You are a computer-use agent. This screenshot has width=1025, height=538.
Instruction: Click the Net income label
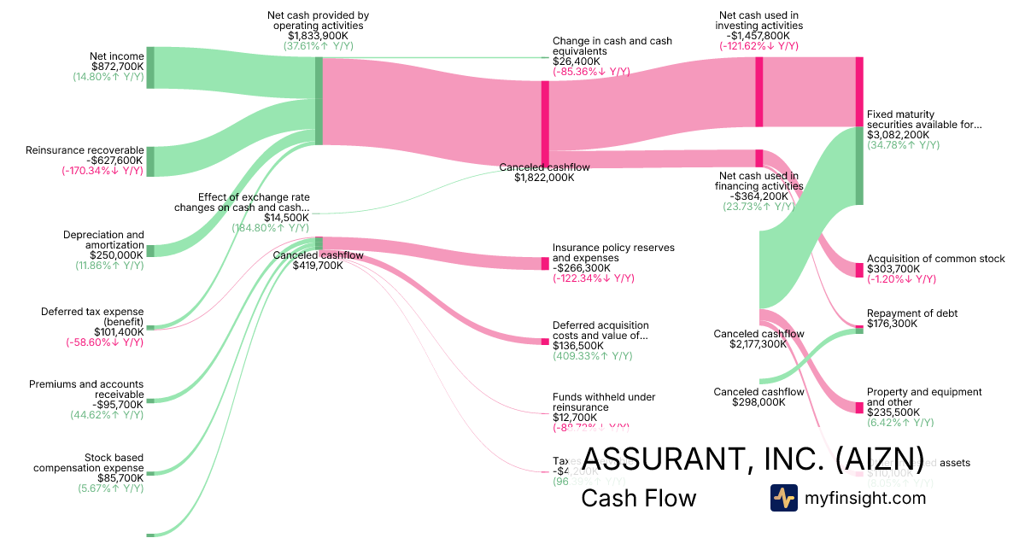tap(116, 56)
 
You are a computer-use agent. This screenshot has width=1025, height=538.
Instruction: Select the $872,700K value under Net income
tap(117, 66)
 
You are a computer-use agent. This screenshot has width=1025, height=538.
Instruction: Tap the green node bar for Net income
tap(150, 67)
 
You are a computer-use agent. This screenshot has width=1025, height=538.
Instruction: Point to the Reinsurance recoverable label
tap(84, 150)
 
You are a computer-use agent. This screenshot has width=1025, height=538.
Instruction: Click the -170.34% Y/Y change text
tap(102, 171)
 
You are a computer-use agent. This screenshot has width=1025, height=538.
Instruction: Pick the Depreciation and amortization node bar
tap(150, 250)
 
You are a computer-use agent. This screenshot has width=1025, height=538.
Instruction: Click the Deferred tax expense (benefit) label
tap(92, 316)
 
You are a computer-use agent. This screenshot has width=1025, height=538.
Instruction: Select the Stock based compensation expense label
tap(88, 463)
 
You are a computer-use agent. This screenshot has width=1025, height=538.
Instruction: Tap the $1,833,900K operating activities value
tap(318, 36)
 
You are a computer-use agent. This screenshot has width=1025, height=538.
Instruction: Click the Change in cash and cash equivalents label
tap(612, 46)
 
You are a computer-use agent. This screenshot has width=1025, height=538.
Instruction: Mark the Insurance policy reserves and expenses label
tap(613, 253)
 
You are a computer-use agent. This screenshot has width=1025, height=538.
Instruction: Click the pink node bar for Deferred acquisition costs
tap(545, 342)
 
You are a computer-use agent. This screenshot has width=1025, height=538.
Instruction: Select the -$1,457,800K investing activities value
tap(758, 36)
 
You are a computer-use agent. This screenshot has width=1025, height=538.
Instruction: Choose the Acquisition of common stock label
tap(935, 259)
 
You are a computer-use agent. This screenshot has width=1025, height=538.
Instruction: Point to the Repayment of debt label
tap(911, 313)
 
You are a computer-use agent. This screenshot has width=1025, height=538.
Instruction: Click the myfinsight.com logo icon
tap(783, 498)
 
